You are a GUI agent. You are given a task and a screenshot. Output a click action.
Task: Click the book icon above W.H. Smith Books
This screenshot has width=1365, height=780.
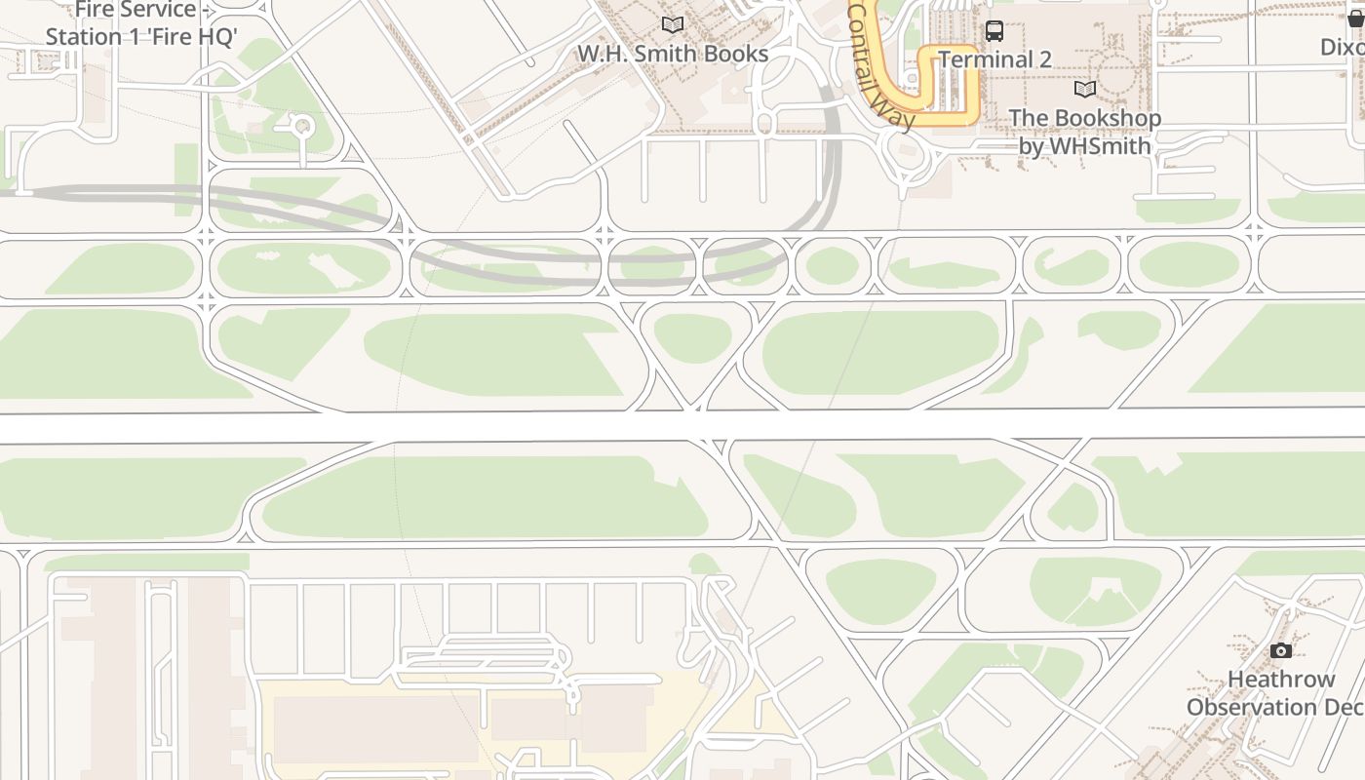coord(672,24)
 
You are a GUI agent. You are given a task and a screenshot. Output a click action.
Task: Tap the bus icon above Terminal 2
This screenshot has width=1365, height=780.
coord(994,30)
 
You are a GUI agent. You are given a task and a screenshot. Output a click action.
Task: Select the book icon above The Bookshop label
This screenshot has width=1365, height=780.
coord(1084,90)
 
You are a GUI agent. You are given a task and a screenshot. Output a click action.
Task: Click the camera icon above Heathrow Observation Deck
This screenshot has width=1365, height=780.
coord(1280,650)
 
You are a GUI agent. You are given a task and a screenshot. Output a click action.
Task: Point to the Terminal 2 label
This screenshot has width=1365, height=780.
coord(994,59)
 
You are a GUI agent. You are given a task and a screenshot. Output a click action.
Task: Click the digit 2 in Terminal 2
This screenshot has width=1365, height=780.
coord(1044,59)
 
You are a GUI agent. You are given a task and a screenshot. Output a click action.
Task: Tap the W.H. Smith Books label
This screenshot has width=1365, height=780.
coord(673,54)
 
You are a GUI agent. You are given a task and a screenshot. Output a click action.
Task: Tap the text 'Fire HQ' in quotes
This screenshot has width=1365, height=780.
coord(190,37)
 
